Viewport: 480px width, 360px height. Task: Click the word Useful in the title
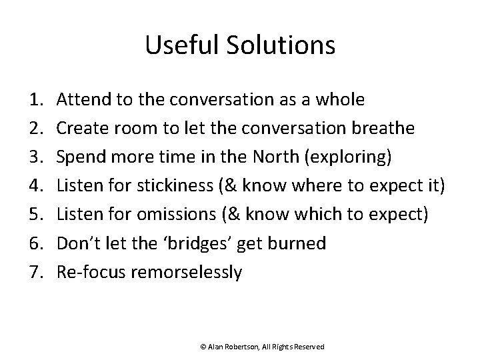(175, 46)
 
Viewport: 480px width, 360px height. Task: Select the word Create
(80, 129)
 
